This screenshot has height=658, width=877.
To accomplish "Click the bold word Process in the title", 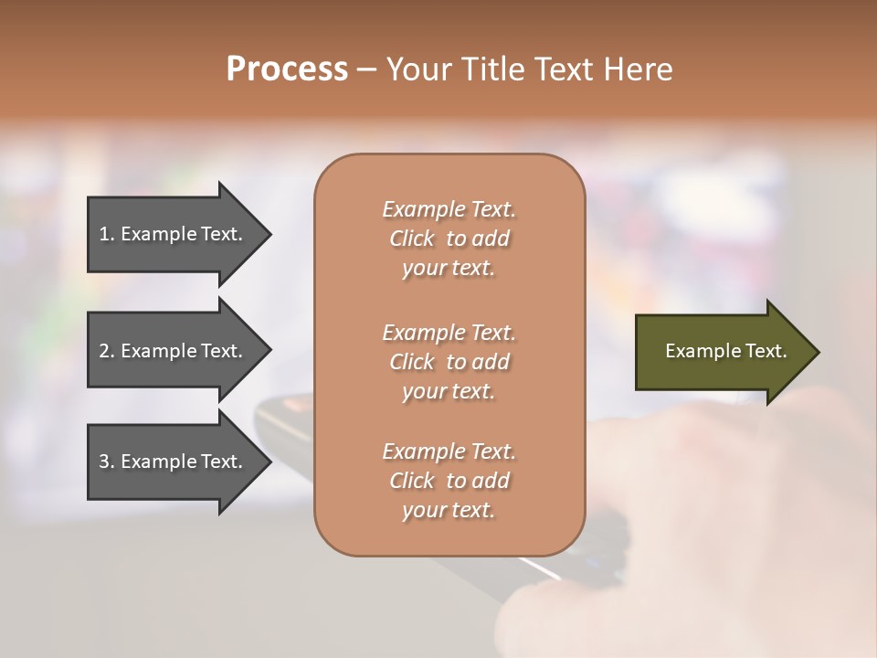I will click(287, 69).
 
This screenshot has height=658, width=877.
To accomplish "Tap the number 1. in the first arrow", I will click(107, 234).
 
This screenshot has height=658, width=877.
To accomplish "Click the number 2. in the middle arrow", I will click(107, 351).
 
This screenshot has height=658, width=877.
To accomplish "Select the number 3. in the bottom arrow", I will click(107, 462).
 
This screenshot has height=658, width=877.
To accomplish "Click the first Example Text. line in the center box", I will click(449, 209).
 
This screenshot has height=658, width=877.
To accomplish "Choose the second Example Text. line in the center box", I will click(449, 333).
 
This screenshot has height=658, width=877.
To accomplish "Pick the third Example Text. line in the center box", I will click(449, 451).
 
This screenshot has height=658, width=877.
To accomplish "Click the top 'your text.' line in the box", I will click(449, 269).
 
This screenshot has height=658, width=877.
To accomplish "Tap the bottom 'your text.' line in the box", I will click(449, 511).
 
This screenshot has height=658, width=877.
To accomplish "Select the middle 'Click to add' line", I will click(449, 362).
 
